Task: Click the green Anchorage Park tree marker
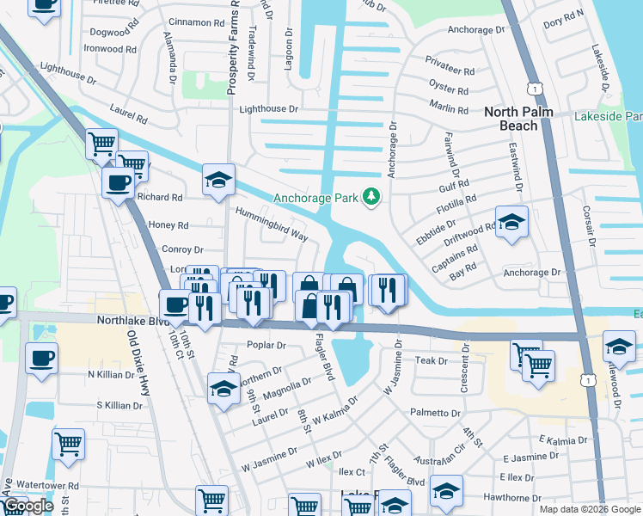371,198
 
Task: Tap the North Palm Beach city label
523,119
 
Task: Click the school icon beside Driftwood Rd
511,223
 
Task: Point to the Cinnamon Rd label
197,21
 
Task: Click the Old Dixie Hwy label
138,356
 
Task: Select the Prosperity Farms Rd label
231,47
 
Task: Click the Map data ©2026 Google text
590,509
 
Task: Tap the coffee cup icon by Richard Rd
118,182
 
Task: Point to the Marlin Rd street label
450,110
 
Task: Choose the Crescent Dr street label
464,372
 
